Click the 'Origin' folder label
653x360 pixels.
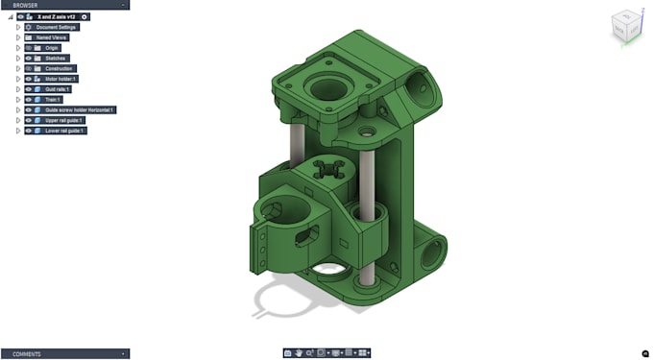click(x=52, y=48)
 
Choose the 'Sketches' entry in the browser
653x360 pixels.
click(x=56, y=59)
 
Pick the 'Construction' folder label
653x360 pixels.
click(x=59, y=69)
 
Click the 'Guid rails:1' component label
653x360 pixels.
click(x=59, y=89)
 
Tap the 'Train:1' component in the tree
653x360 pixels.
click(x=53, y=100)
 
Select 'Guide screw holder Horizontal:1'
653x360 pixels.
click(x=80, y=110)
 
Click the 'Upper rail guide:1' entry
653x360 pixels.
click(x=64, y=120)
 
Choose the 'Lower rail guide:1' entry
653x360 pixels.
click(x=64, y=131)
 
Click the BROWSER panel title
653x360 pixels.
click(x=25, y=5)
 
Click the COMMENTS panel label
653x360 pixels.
click(x=27, y=354)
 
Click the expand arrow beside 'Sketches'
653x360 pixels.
click(x=18, y=59)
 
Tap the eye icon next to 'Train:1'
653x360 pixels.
click(x=29, y=100)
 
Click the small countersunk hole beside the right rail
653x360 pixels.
click(x=367, y=126)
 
